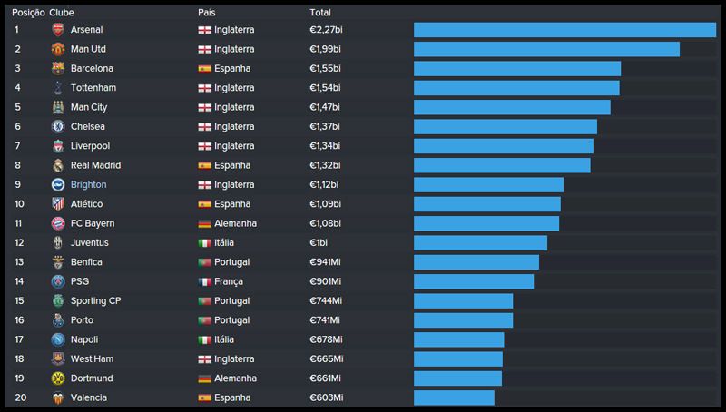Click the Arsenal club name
pyautogui.click(x=86, y=30)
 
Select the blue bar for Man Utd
pyautogui.click(x=546, y=49)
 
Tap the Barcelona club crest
pyautogui.click(x=57, y=68)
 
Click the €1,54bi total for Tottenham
pyautogui.click(x=325, y=88)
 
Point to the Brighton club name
pyautogui.click(x=88, y=185)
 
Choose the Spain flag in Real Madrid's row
pyautogui.click(x=204, y=165)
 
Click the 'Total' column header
pyautogui.click(x=319, y=13)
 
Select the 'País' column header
pyautogui.click(x=207, y=13)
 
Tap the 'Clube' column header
pyautogui.click(x=62, y=13)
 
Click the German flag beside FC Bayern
pyautogui.click(x=204, y=223)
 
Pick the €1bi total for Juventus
pyautogui.click(x=319, y=243)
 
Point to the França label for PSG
pyautogui.click(x=229, y=281)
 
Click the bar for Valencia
pyautogui.click(x=454, y=397)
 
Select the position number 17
pyautogui.click(x=19, y=339)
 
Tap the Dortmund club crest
pyautogui.click(x=57, y=378)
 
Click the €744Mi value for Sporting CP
pyautogui.click(x=326, y=301)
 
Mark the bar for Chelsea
pyautogui.click(x=505, y=127)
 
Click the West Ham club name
pyautogui.click(x=92, y=359)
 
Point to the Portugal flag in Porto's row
pyautogui.click(x=204, y=320)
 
